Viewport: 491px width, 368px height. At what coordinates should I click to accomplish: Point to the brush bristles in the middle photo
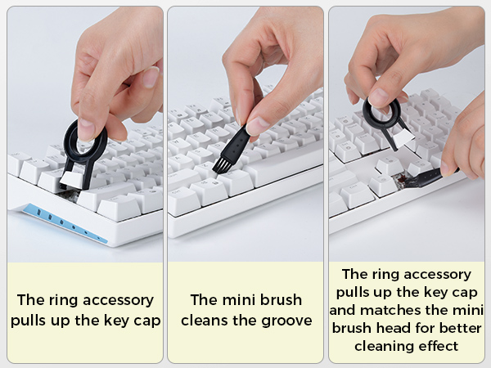[221, 165]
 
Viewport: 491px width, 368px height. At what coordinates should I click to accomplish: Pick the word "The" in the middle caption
[205, 300]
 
